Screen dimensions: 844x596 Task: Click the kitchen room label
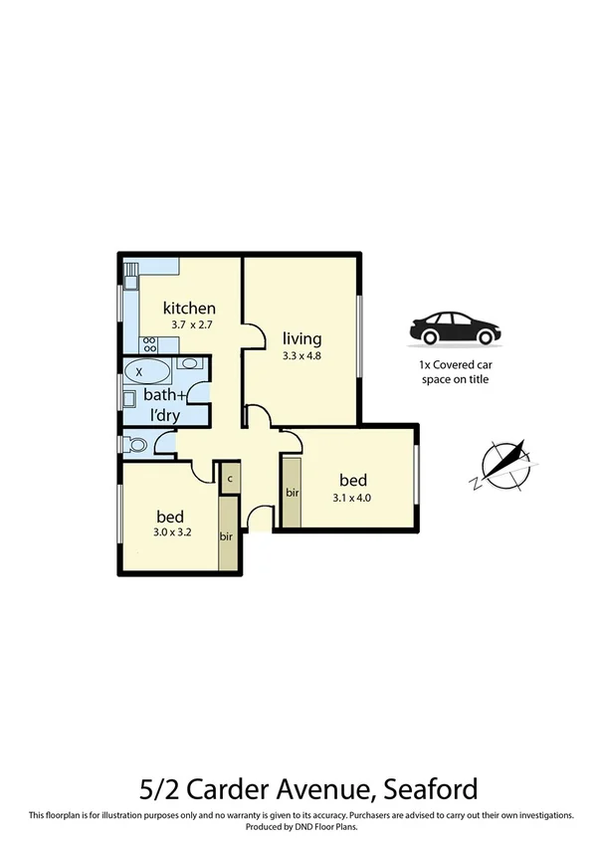(189, 308)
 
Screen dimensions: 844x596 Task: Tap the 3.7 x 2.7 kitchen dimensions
(193, 324)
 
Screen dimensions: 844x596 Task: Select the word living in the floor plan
(301, 337)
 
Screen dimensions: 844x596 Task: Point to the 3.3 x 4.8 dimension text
(301, 354)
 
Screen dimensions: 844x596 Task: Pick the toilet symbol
(134, 444)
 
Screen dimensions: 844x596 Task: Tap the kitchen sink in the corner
(130, 271)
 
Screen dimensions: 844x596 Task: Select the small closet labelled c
(230, 478)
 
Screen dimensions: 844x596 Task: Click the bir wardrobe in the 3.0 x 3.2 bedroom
(227, 534)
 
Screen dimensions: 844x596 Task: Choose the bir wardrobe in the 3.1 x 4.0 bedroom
(293, 492)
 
